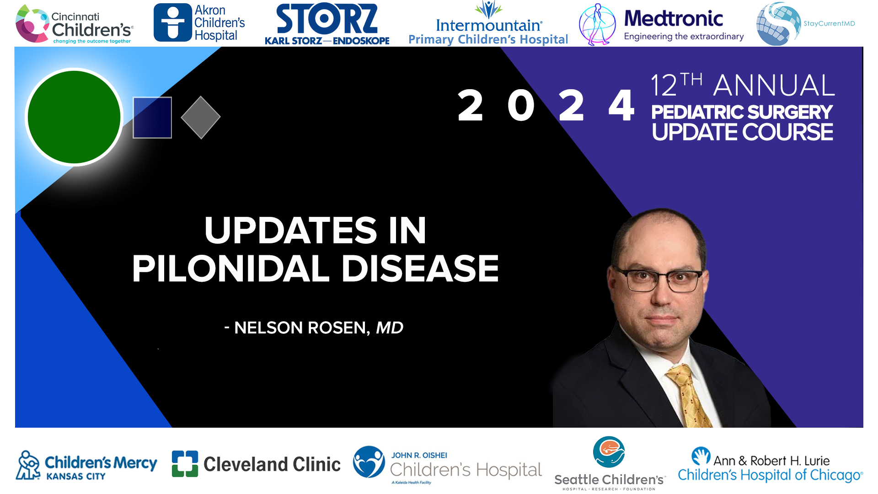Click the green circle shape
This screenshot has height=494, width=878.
[x=74, y=117]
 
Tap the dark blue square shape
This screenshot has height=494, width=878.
[x=152, y=118]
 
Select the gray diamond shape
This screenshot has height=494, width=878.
[x=201, y=118]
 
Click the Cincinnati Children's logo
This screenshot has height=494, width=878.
[x=75, y=24]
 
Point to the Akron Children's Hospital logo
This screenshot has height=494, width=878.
[x=199, y=23]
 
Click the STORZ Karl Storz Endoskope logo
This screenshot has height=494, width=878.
[x=327, y=24]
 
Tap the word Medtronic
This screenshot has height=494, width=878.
[x=674, y=18]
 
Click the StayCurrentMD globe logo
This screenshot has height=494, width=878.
[x=778, y=24]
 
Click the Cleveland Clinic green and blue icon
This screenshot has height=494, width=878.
[x=185, y=464]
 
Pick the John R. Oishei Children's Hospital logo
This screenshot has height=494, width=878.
[x=447, y=465]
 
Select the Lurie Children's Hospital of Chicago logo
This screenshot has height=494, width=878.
[x=770, y=465]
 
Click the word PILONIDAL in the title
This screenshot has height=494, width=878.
[x=230, y=268]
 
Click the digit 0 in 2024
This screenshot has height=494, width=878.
[x=521, y=106]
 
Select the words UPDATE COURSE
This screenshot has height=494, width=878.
[x=742, y=132]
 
